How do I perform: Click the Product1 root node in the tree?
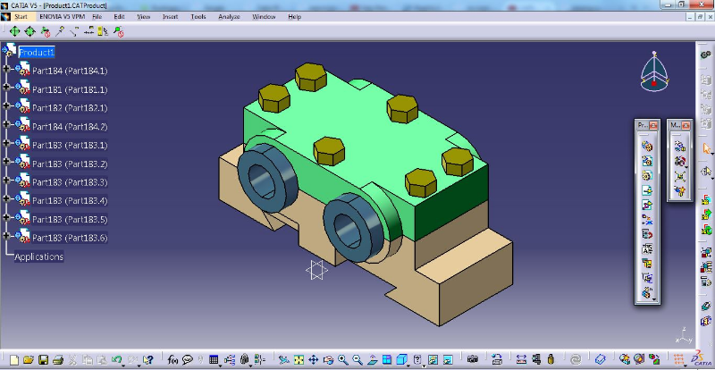click(x=37, y=52)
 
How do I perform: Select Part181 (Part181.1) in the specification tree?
click(x=70, y=89)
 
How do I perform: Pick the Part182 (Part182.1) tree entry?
click(x=70, y=108)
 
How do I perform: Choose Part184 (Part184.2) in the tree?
click(x=70, y=127)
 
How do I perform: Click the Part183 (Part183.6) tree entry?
click(x=70, y=238)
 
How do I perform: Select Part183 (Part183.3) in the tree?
click(x=70, y=182)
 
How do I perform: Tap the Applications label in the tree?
click(x=38, y=256)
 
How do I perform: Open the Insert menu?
click(x=170, y=16)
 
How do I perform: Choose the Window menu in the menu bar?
click(x=264, y=16)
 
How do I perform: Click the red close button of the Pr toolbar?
click(x=653, y=126)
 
